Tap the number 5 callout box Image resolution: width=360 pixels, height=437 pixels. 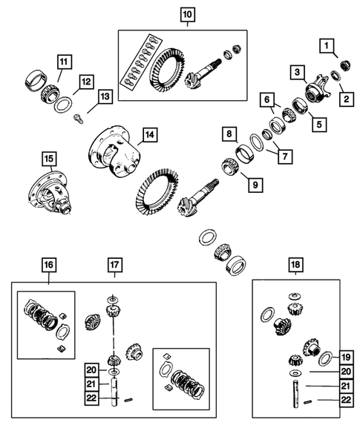tap(318, 125)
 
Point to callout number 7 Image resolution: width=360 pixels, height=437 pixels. tap(281, 157)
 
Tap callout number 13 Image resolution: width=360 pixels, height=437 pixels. tap(105, 96)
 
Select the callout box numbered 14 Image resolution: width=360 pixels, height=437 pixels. tap(149, 135)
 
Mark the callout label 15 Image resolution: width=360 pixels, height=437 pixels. tap(48, 158)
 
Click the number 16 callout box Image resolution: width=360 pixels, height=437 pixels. tap(48, 263)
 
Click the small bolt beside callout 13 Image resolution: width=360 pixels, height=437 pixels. tap(78, 116)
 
